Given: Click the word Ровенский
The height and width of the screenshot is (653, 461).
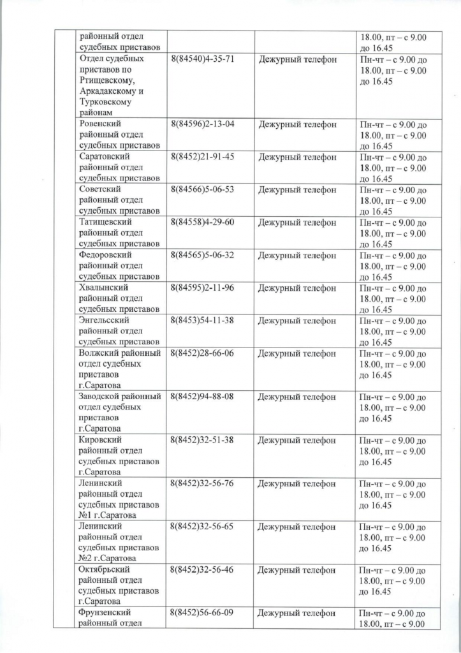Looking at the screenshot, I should [100, 124].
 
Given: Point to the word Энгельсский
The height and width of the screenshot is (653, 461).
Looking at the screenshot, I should [105, 321].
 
